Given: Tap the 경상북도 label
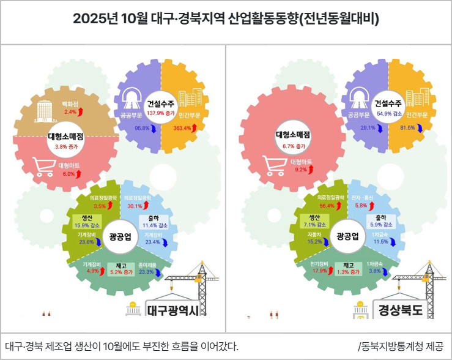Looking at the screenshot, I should coord(401,309).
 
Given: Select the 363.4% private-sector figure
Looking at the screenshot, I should coord(182,129).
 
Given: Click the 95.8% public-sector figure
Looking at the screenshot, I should coord(143,129).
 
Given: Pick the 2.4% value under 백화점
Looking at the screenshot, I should coord(70,112).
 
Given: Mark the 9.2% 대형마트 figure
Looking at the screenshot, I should coord(300,170).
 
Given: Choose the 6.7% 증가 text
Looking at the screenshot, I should coord(294,147).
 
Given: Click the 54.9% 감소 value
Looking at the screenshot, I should coord(388,113).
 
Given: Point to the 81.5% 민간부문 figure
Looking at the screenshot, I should coord(407,128).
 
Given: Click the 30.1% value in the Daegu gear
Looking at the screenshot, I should coord(135,206).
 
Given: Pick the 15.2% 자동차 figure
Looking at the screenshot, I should coord(314,242).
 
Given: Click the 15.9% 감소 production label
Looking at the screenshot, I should coord(81,225).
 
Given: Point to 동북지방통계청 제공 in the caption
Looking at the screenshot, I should coord(402,346).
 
